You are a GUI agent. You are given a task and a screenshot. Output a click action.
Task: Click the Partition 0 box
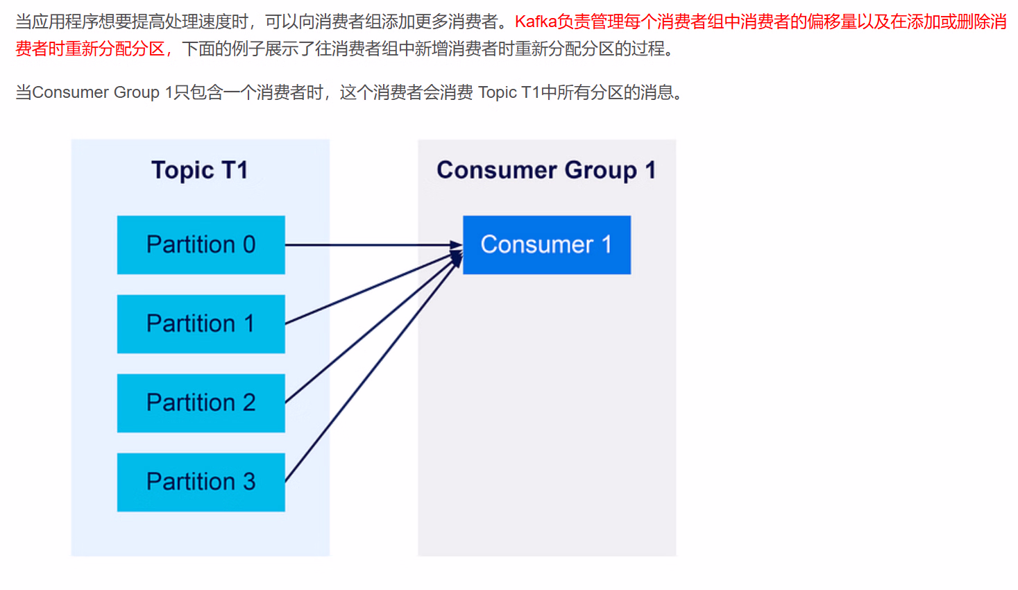(201, 245)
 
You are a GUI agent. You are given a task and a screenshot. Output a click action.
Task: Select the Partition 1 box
(201, 324)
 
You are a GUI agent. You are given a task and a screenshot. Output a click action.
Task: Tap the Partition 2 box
(201, 403)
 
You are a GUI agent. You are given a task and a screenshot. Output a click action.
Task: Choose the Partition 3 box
(201, 482)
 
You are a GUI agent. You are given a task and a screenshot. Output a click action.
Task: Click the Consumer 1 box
(546, 245)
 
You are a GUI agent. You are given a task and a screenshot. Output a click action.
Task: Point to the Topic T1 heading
(200, 170)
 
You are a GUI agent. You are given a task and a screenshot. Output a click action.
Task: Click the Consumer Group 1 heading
(546, 170)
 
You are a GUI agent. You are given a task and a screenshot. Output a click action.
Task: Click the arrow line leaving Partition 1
(347, 299)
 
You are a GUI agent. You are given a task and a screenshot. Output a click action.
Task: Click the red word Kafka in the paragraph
(535, 22)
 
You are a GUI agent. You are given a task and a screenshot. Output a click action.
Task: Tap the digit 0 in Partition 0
(249, 245)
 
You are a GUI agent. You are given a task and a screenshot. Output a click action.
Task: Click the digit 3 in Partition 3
(249, 482)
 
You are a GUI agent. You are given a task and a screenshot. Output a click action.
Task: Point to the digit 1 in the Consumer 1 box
(606, 245)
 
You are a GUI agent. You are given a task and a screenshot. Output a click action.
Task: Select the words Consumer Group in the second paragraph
(96, 93)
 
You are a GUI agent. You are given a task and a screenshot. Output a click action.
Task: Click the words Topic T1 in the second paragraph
(508, 93)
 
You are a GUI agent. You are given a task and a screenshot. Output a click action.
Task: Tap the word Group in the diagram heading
(600, 171)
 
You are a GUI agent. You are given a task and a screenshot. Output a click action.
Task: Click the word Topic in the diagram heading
(183, 171)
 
